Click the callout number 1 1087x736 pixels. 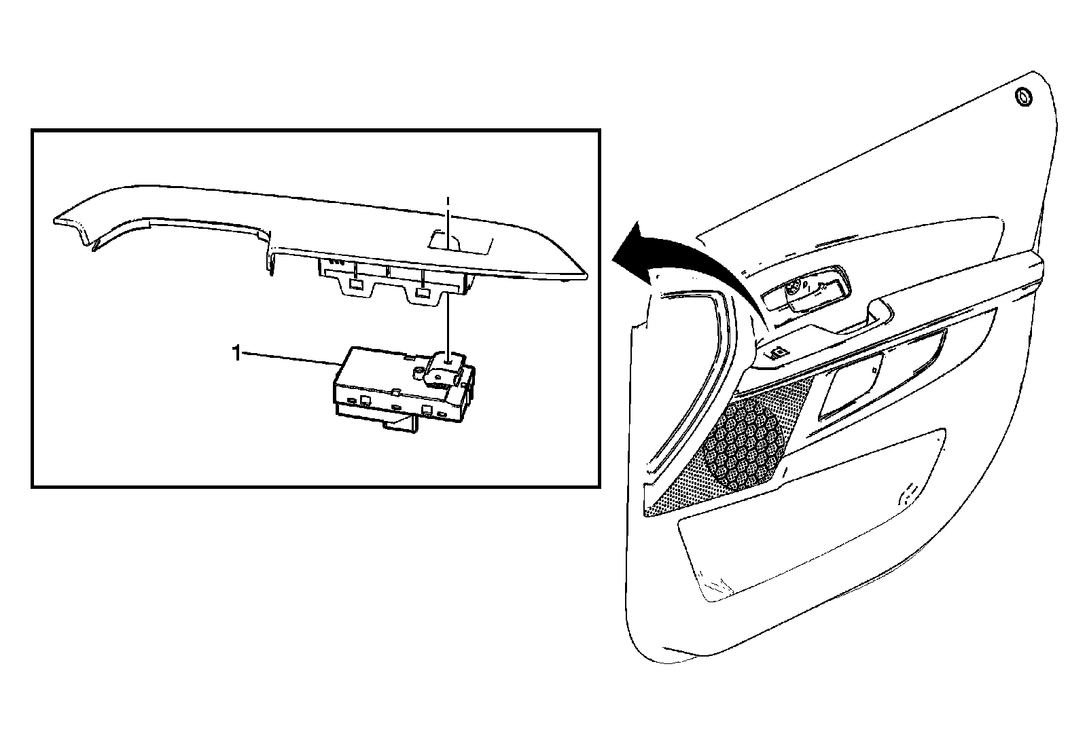[x=236, y=353]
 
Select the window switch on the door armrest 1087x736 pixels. [x=774, y=352]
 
